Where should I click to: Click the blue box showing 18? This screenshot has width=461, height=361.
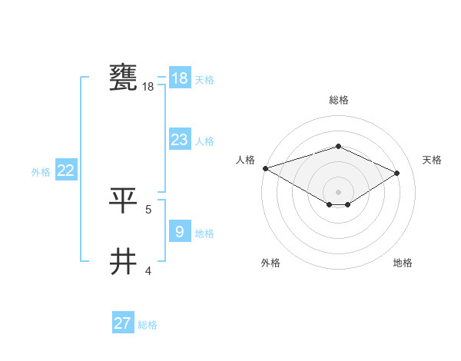(x=179, y=78)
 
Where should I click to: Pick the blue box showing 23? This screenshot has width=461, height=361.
(x=179, y=140)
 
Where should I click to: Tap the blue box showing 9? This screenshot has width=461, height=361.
(x=179, y=231)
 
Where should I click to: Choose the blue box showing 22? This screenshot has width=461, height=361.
(x=65, y=171)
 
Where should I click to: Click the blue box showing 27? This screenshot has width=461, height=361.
(x=123, y=323)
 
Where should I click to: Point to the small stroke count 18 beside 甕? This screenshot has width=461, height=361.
(x=148, y=87)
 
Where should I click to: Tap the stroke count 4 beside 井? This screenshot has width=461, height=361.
(x=148, y=270)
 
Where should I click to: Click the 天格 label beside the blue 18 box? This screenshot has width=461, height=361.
(x=204, y=80)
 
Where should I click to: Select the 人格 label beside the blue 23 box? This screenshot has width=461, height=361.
(x=204, y=141)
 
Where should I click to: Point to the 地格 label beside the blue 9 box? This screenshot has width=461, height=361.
(x=204, y=233)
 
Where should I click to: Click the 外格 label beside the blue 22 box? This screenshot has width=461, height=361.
(x=41, y=172)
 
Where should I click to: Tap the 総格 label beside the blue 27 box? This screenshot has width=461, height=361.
(x=148, y=325)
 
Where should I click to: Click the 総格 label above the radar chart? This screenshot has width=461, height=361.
(x=338, y=100)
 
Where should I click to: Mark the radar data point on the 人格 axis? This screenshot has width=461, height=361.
(x=265, y=168)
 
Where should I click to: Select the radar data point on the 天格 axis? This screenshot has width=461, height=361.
(x=397, y=173)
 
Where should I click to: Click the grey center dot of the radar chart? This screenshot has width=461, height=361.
(x=338, y=190)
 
